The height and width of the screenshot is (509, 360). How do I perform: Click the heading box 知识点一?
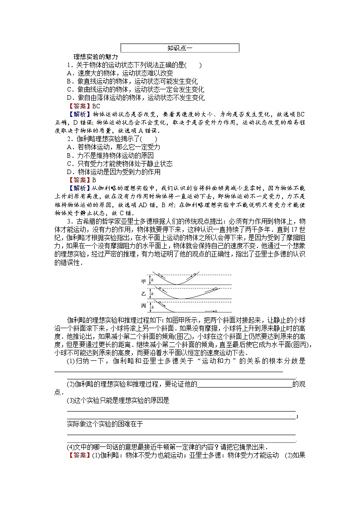[x=180, y=48]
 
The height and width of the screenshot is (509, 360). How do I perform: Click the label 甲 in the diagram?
[x=144, y=281]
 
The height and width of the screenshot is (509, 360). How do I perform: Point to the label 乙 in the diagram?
[x=144, y=294]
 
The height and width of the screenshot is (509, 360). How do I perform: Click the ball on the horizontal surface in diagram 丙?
[x=216, y=311]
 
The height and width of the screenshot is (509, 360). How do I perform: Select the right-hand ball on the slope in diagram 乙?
[x=216, y=288]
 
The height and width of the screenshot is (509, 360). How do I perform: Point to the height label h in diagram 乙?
[x=152, y=294]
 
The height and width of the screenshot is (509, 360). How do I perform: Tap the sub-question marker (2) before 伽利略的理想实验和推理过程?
[x=71, y=384]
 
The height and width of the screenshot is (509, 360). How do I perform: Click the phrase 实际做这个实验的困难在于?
[x=105, y=424]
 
